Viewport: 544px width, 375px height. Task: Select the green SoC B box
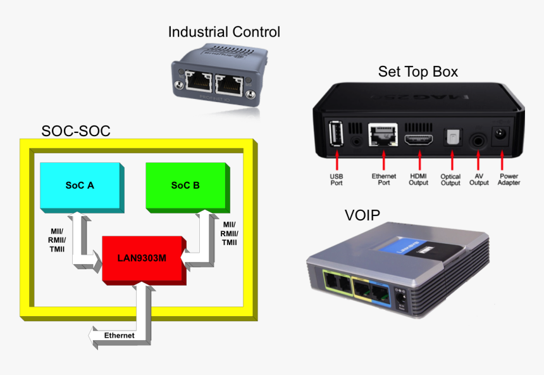click(185, 185)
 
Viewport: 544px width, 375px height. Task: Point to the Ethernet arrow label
click(119, 335)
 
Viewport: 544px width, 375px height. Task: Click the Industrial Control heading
click(224, 32)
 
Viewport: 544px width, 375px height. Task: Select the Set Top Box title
click(417, 72)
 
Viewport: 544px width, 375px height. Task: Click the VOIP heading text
click(362, 215)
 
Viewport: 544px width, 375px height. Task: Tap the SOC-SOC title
click(76, 131)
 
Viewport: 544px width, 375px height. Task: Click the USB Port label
click(337, 179)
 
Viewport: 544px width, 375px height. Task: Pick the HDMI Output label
click(419, 179)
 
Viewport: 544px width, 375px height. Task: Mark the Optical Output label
click(450, 179)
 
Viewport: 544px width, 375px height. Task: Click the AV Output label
click(479, 179)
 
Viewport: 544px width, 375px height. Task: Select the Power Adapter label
click(509, 179)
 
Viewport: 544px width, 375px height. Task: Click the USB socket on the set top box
click(336, 133)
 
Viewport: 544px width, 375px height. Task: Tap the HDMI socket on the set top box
click(419, 141)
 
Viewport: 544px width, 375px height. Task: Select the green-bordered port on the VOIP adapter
click(337, 283)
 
